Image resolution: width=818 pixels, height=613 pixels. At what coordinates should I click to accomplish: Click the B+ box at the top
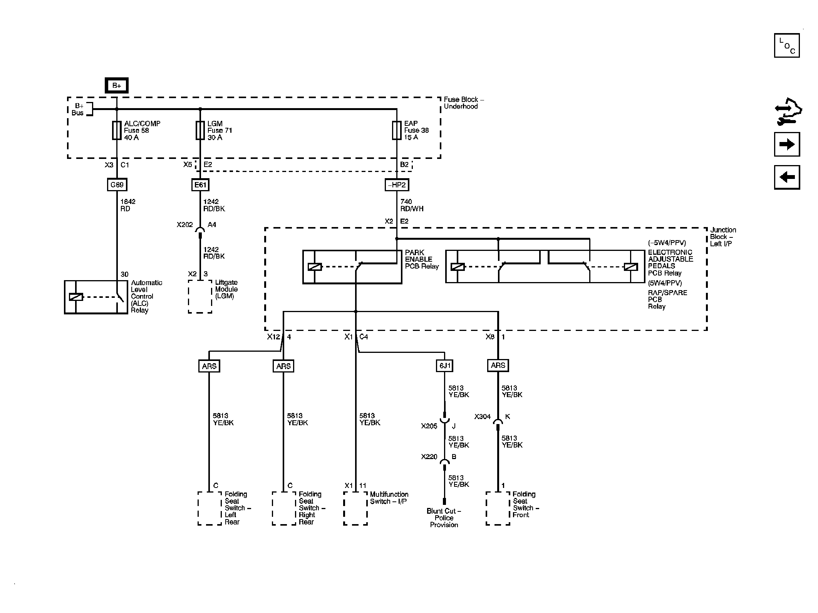coord(117,85)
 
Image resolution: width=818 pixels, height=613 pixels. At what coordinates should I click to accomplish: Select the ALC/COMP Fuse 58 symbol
coord(117,130)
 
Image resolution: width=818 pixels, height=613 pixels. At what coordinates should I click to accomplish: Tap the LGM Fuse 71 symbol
coord(200,130)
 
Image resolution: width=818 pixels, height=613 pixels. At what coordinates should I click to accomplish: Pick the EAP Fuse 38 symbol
coord(397,130)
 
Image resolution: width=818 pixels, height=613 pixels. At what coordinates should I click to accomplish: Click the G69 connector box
coord(117,185)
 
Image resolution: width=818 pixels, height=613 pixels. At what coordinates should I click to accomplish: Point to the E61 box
coord(200,185)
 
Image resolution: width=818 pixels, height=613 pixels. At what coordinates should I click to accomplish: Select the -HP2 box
coord(397,185)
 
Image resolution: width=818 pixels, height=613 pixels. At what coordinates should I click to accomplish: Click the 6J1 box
coord(444,366)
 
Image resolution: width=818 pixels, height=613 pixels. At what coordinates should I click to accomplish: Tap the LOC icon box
coord(787,45)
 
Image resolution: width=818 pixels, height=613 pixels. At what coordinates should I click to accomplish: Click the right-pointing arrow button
coord(787,144)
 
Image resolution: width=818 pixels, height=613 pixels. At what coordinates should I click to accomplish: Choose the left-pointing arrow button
coord(787,177)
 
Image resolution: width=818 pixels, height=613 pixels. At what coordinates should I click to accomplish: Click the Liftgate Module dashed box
coord(200,296)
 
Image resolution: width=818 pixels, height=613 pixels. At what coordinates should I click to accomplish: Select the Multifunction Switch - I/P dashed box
coord(355,508)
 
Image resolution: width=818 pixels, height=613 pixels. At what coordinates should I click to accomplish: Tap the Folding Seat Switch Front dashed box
coord(498,508)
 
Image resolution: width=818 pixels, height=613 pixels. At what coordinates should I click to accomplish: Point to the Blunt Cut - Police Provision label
coord(444,518)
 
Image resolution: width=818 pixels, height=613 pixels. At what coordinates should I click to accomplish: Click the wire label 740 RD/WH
coord(411,205)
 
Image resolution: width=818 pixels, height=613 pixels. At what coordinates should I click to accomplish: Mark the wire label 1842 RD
coord(127,205)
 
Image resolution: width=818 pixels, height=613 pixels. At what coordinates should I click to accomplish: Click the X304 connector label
coord(482,417)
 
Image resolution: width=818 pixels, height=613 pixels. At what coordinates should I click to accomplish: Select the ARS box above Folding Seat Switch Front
coord(498,366)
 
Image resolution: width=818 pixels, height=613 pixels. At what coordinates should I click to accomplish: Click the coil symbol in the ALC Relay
coord(76,297)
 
